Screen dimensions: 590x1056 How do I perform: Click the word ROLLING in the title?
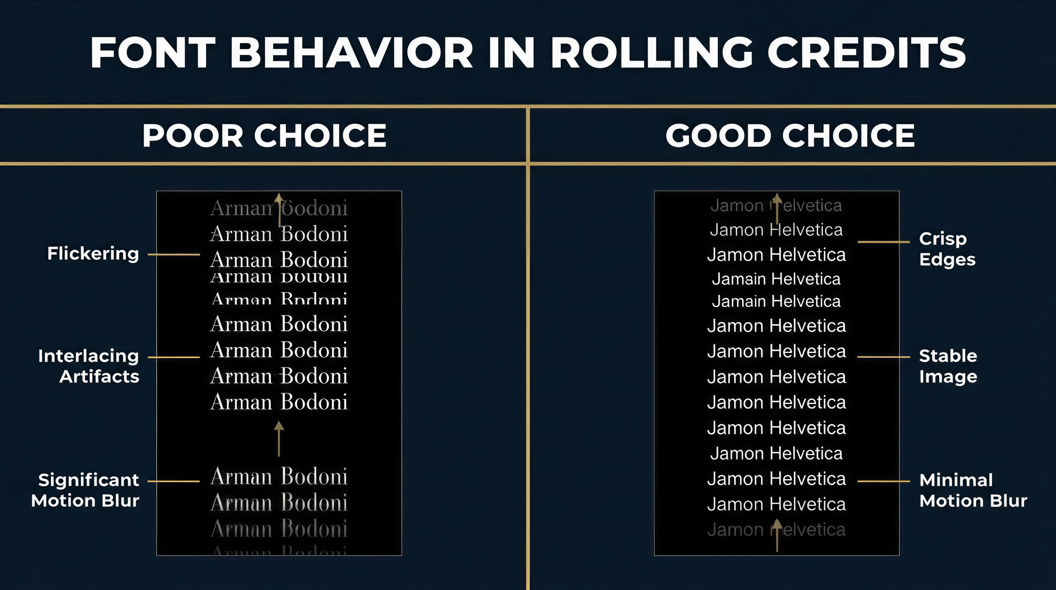[652, 53]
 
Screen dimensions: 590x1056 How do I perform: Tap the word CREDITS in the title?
[866, 53]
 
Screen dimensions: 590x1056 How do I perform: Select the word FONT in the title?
[153, 53]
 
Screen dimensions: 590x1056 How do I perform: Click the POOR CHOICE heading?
[264, 136]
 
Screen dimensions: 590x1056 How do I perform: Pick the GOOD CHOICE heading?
[790, 136]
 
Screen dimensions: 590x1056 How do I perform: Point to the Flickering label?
[93, 254]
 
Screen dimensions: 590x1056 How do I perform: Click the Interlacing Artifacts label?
[89, 366]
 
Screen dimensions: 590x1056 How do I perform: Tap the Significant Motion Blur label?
[85, 490]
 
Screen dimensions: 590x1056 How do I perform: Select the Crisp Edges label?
[947, 249]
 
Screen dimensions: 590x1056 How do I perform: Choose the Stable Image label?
[948, 366]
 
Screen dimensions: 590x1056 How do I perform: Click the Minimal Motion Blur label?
[973, 490]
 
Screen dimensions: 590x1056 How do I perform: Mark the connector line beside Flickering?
[173, 255]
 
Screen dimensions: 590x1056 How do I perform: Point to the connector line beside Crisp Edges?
[883, 242]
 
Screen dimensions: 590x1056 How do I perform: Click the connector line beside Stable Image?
[883, 357]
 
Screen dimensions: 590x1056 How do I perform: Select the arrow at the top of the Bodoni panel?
[279, 210]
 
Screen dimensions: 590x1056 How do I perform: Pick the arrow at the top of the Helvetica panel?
[777, 207]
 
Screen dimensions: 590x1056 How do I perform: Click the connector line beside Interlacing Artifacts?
[173, 357]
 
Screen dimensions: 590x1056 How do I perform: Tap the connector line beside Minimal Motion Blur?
[883, 481]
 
